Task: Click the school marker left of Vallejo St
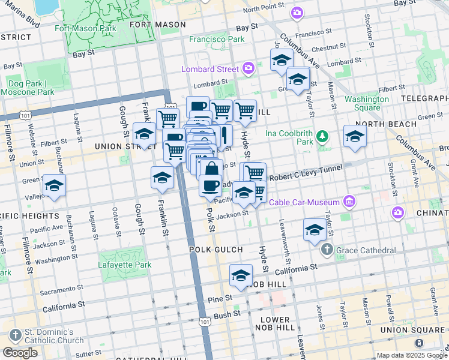(54, 186)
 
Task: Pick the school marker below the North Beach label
(355, 136)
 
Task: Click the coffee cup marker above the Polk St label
(209, 185)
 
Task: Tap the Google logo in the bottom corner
(20, 353)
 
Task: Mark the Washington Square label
(366, 103)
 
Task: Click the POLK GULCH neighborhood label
(215, 250)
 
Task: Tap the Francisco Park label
(217, 39)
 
